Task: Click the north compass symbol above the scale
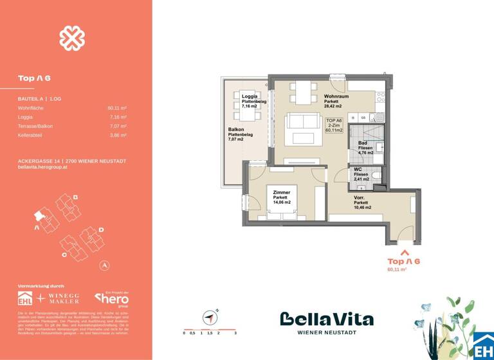point(209,316)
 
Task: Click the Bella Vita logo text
point(326,319)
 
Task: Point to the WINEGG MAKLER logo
point(65,298)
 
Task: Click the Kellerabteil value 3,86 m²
point(117,136)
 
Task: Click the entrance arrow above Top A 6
point(403,251)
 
